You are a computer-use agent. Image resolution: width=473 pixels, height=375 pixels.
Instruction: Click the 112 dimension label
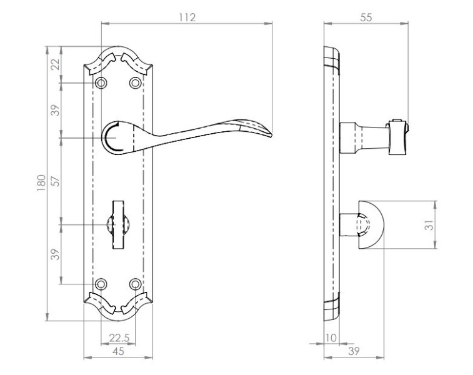(x=187, y=17)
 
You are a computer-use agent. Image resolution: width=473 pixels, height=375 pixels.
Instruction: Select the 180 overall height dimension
(x=41, y=182)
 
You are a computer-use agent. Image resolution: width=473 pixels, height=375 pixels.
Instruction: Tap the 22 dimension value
(x=55, y=64)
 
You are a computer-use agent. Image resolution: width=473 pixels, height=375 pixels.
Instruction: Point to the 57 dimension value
(x=56, y=180)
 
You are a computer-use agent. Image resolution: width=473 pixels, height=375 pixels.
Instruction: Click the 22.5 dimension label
(x=119, y=338)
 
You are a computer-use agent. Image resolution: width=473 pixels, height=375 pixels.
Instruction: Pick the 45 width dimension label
(x=118, y=351)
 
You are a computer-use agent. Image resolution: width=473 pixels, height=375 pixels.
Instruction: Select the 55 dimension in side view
(x=366, y=17)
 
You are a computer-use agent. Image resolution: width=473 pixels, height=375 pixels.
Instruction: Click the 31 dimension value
(x=429, y=225)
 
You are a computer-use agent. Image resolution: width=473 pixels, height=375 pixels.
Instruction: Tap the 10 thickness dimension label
(x=331, y=338)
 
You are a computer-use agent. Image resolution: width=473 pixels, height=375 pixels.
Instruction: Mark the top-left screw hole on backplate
(x=101, y=82)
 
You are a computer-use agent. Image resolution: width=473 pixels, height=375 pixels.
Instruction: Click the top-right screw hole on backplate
(x=135, y=82)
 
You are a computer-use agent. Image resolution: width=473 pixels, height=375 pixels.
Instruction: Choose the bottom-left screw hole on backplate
(x=101, y=284)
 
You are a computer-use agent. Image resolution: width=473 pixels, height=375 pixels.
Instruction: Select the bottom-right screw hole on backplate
(x=135, y=284)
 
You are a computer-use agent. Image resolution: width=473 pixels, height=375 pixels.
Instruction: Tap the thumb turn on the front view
(x=118, y=224)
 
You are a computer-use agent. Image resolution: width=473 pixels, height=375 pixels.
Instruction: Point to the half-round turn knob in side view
(x=371, y=225)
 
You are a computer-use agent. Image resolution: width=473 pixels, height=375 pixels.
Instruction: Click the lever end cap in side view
(x=397, y=137)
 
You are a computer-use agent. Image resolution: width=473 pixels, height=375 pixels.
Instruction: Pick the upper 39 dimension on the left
(x=56, y=110)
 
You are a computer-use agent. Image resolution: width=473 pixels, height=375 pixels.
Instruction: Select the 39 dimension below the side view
(x=354, y=351)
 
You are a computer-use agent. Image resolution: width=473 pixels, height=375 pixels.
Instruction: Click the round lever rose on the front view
(x=117, y=138)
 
